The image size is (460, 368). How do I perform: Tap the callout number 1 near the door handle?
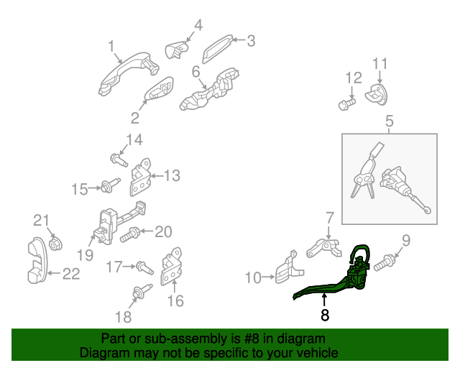(x=111, y=46)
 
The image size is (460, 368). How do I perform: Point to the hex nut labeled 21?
(x=55, y=244)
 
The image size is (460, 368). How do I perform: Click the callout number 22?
(x=71, y=274)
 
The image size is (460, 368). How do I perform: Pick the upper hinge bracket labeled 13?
(x=140, y=177)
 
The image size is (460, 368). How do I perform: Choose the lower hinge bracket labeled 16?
(x=171, y=267)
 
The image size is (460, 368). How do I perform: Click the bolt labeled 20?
(x=129, y=235)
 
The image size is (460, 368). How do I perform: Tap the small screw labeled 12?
(x=346, y=104)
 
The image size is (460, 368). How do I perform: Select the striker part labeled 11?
(x=377, y=94)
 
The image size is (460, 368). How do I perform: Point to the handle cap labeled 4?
(x=176, y=50)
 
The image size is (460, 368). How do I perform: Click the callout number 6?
(x=196, y=72)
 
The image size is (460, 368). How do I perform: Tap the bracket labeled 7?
(x=324, y=248)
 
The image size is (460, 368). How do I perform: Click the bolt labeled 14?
(x=119, y=160)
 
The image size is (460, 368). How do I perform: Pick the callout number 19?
(x=85, y=255)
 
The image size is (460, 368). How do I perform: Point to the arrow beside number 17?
(x=130, y=266)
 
